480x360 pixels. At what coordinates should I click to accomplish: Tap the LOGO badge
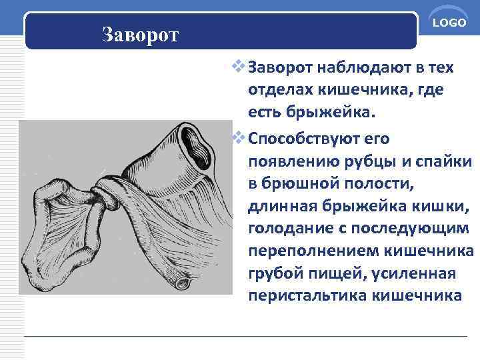[449, 23]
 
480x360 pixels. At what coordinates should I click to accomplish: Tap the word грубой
[277, 275]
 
